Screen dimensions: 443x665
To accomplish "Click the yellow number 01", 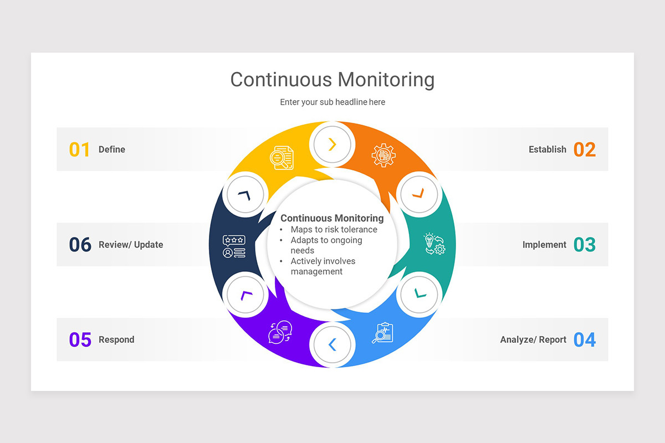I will [79, 150].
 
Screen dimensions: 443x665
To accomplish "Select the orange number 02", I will [584, 150].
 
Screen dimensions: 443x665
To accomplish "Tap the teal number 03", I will [584, 245].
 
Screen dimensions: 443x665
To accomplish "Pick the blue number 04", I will [584, 339].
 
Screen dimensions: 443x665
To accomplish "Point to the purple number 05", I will [80, 339].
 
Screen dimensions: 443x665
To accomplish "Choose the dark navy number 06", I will [80, 245].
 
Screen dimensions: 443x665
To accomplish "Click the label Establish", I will [547, 150].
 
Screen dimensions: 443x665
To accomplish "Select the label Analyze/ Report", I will [533, 339].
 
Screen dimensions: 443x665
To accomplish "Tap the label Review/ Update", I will [131, 245].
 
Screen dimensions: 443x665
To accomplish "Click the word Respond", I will [116, 339].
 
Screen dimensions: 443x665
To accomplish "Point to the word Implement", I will [544, 245].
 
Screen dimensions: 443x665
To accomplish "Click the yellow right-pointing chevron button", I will [332, 145].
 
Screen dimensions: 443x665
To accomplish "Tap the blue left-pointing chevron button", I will [332, 345].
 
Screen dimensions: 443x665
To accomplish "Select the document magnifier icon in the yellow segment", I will [282, 157].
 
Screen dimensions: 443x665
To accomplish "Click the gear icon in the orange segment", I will [383, 156].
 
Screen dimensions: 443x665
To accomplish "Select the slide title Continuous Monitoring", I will [332, 79].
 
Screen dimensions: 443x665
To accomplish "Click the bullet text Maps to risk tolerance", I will [334, 229].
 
